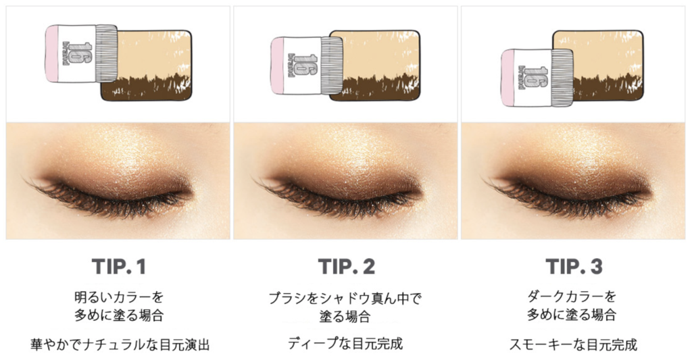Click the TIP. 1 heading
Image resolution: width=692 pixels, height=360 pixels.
tap(119, 267)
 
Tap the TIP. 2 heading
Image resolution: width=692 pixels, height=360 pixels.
tap(347, 267)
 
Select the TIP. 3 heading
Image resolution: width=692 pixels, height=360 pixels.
tap(574, 267)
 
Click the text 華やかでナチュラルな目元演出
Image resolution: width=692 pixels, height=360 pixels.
tap(120, 344)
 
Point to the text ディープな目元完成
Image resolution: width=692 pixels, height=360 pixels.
tap(345, 343)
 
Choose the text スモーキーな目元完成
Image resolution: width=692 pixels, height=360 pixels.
tap(573, 344)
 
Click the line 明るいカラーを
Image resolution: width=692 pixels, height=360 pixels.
tap(119, 297)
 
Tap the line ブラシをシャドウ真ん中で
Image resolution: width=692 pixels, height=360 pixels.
tap(345, 299)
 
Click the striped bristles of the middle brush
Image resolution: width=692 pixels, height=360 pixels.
tap(332, 66)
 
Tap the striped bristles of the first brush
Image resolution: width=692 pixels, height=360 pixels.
tap(106, 54)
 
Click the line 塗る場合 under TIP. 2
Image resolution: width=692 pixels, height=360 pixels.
tap(345, 317)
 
